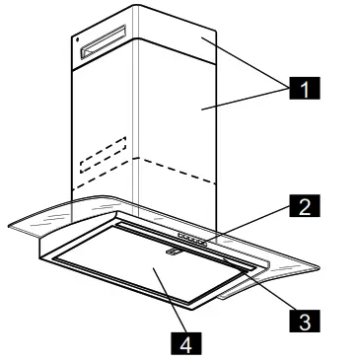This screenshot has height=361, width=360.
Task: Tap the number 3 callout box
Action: click(x=305, y=321)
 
